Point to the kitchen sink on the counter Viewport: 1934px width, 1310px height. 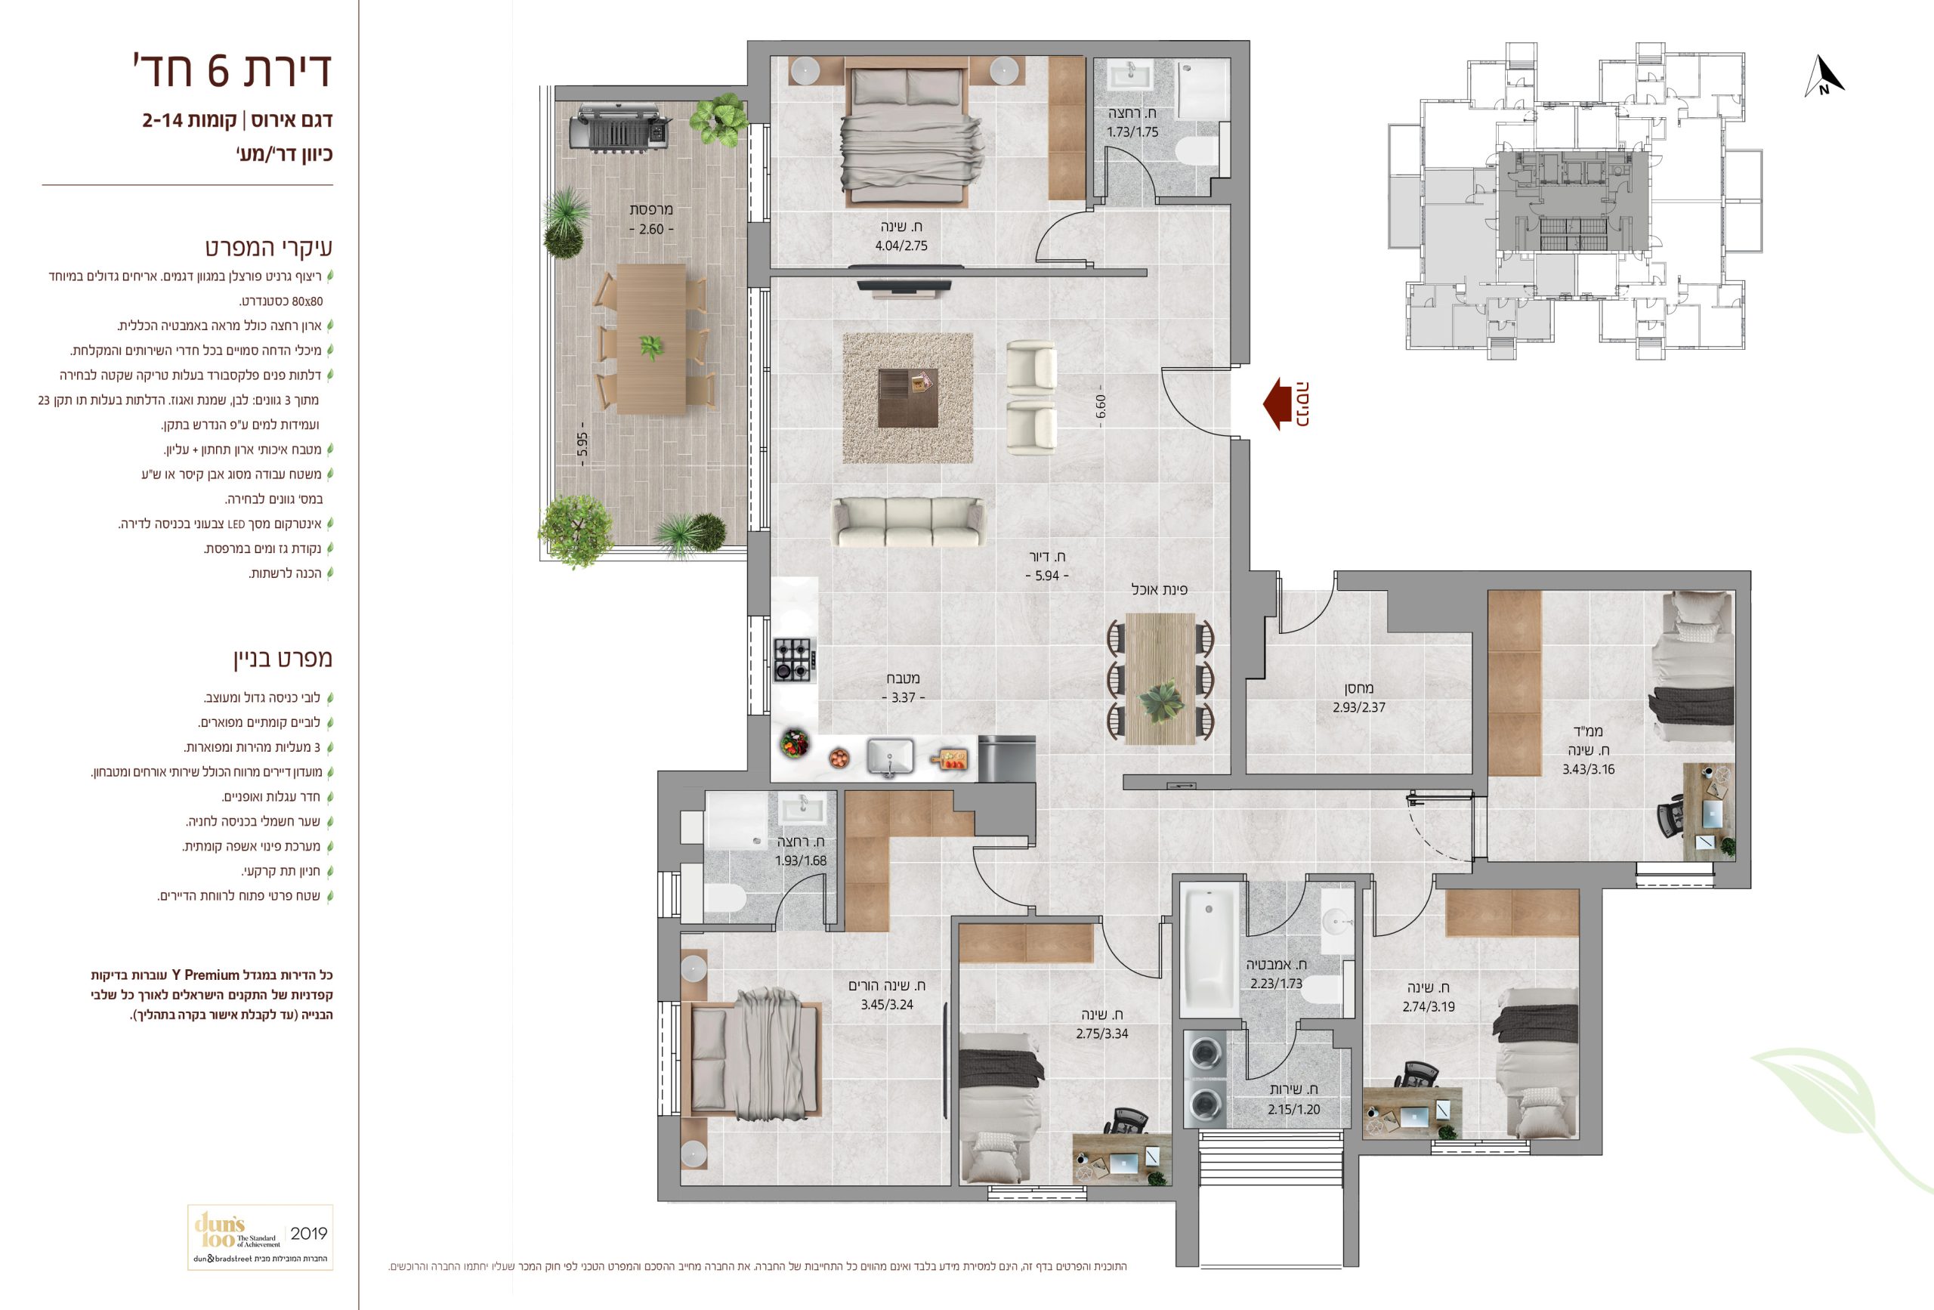click(891, 758)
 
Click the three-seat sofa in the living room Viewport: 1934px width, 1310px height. click(909, 522)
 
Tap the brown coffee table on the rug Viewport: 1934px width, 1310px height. click(908, 398)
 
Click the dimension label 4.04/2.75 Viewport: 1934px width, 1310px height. click(901, 246)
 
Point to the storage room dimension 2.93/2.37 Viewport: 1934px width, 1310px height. click(1359, 707)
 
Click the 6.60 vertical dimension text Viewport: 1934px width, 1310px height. click(1100, 406)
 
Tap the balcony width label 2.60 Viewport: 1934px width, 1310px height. click(650, 229)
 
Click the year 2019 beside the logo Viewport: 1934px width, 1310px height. click(309, 1234)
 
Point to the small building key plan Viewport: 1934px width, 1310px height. click(1574, 202)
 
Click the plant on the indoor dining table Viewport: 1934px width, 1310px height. click(1160, 701)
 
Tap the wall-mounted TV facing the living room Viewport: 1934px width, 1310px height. click(904, 287)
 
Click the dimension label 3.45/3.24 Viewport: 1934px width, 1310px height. click(887, 1005)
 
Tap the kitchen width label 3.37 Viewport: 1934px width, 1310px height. click(903, 697)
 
